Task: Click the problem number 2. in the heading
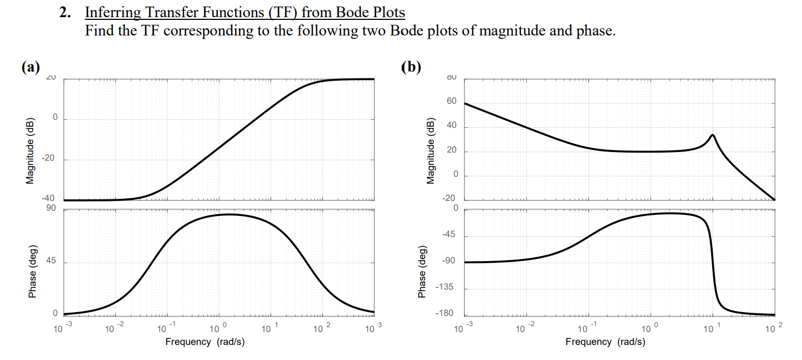coord(65,12)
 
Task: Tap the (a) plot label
coord(31,67)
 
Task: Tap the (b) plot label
coord(411,67)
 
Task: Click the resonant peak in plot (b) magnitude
coord(712,135)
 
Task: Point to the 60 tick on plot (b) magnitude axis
coord(451,102)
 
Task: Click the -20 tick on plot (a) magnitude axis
coord(49,160)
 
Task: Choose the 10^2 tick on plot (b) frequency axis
coord(775,328)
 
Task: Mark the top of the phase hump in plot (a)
coord(228,214)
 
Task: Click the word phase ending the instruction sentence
coord(593,31)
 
